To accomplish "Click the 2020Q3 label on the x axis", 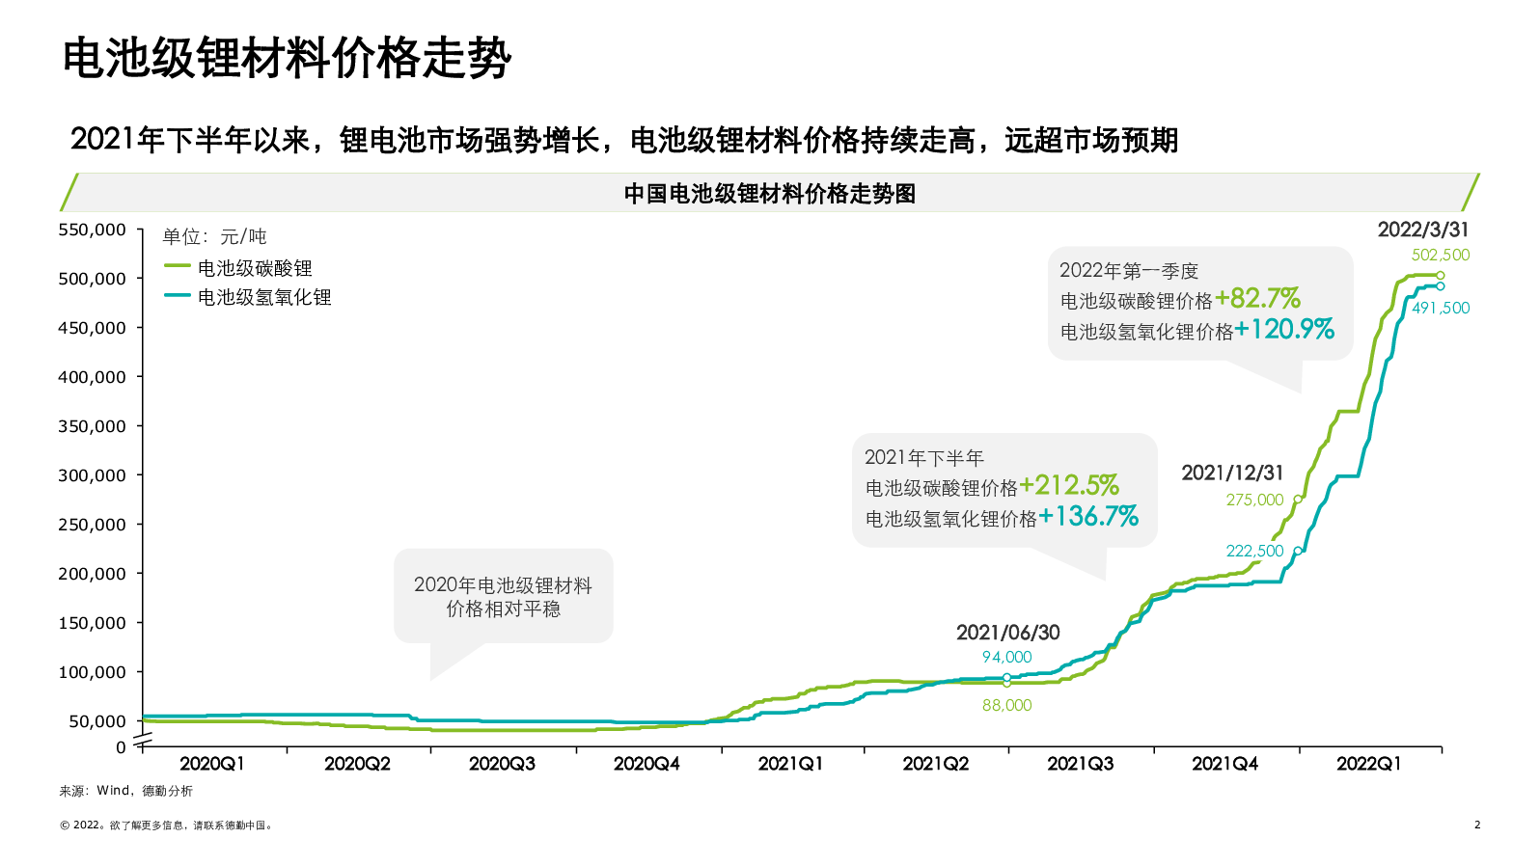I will click(x=502, y=764).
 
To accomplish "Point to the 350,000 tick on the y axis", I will click(x=92, y=426).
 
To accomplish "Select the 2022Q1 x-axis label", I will click(x=1368, y=764).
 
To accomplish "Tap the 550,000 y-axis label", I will click(x=92, y=230).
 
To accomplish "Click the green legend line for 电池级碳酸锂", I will click(x=177, y=266).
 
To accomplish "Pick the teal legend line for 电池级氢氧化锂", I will click(x=177, y=295).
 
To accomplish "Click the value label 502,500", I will click(x=1441, y=256).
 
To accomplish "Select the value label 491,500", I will click(x=1441, y=309).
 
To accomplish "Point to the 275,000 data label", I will click(x=1254, y=500).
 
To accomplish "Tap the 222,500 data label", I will click(x=1254, y=551).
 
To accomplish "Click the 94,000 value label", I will click(x=1006, y=657).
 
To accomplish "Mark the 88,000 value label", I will click(x=1006, y=705).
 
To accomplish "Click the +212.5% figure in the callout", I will click(x=1069, y=485).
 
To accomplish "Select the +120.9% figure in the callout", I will click(x=1284, y=330).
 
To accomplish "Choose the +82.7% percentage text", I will click(x=1257, y=298).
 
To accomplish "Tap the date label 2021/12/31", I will click(x=1232, y=473).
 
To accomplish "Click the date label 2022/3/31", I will click(x=1422, y=230).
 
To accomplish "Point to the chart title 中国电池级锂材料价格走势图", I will click(x=769, y=194).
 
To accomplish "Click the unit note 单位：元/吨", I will click(x=214, y=236).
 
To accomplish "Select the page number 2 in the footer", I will click(x=1476, y=825).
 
